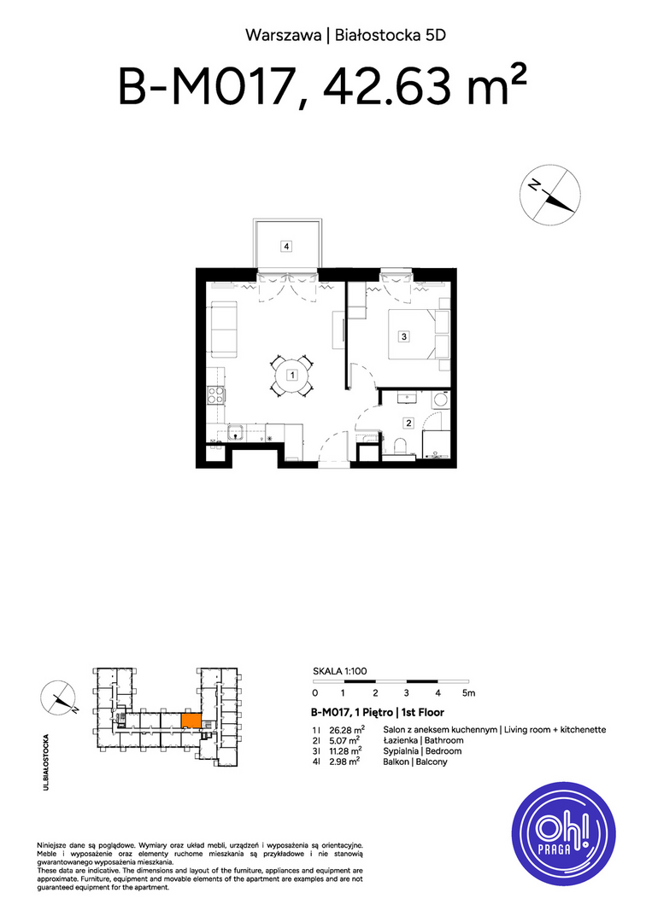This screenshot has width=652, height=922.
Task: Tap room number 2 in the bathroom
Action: pos(408,423)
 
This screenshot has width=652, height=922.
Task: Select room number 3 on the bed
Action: pos(403,337)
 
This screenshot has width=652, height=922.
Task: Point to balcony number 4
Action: pos(286,247)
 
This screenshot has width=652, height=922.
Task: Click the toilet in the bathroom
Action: pos(398,446)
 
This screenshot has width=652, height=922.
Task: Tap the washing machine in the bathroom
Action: pos(440,400)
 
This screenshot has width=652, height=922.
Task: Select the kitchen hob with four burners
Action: pos(215,395)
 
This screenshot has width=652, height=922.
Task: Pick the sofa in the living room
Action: pos(224,330)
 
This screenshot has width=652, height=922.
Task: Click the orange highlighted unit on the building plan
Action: pos(191,721)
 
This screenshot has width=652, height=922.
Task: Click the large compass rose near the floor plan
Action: pos(550,195)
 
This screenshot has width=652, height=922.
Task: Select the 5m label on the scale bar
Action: pos(468,693)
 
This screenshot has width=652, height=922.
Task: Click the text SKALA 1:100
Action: pos(339,671)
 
